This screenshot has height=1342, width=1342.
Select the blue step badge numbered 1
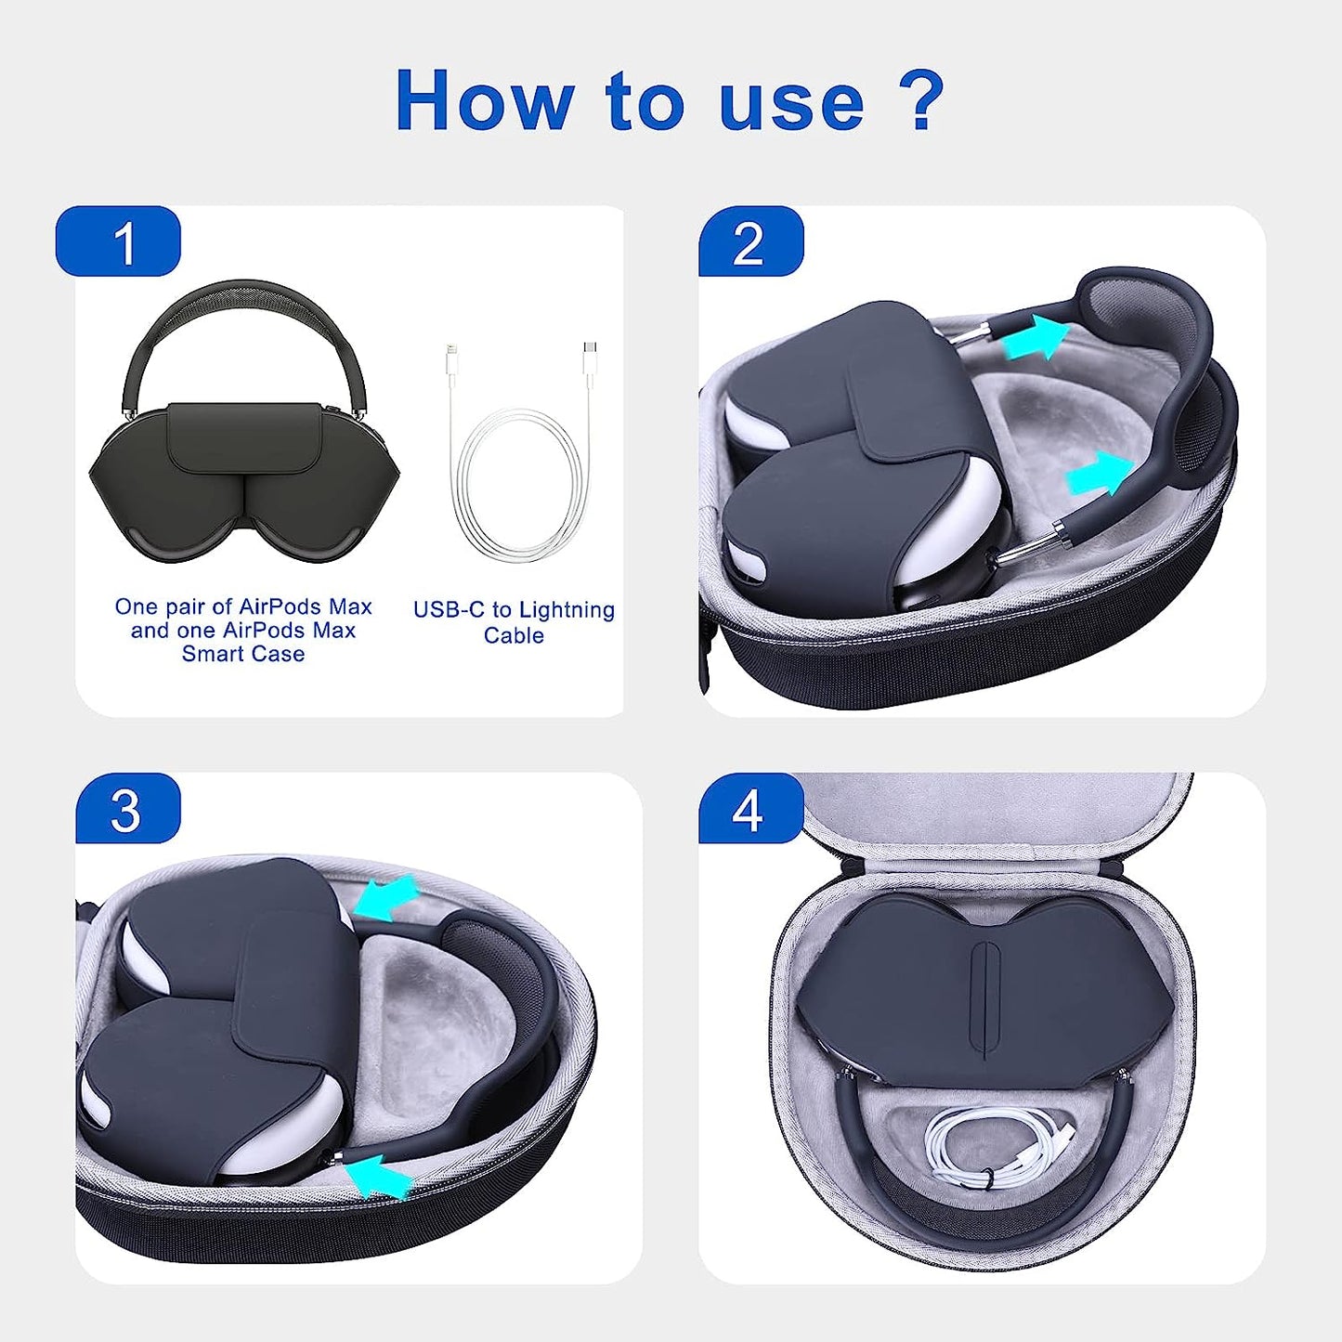click(119, 242)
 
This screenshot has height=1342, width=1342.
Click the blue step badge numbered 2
click(749, 242)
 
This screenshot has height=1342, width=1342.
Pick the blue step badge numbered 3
click(126, 809)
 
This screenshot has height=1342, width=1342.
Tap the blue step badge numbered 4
click(749, 809)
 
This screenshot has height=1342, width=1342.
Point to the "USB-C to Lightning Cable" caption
click(514, 622)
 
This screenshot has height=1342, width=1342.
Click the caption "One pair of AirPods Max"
click(243, 606)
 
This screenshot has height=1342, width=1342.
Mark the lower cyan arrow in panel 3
click(380, 1173)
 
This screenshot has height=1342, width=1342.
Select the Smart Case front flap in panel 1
click(244, 436)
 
